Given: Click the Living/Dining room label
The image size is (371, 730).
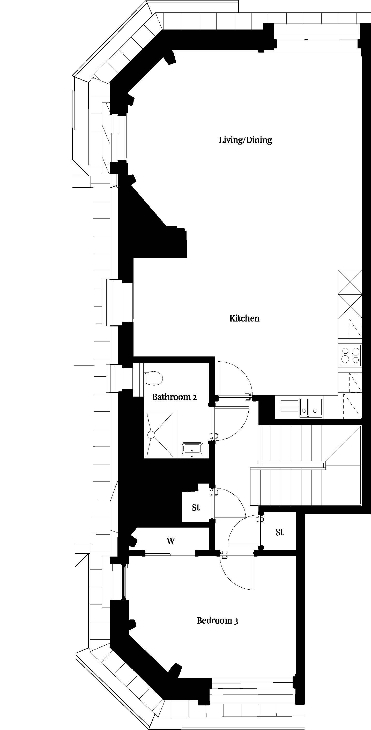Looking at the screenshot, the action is coord(245,140).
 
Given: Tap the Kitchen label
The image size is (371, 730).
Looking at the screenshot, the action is coord(244,318).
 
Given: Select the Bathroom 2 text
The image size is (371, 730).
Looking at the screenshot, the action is coord(174,397).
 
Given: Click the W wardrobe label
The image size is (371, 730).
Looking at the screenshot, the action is coord(171,541).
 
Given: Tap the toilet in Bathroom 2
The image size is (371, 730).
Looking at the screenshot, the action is coord(153,378).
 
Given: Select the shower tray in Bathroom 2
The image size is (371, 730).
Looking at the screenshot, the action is coord(159,434).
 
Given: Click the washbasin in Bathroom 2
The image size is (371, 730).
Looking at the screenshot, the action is coord(192,450).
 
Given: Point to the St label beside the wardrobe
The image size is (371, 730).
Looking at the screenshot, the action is coord(196,507).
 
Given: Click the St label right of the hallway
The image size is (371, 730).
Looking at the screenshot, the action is coord(279,532).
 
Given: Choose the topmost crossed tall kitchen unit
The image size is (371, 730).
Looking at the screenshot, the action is coord(350,282).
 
